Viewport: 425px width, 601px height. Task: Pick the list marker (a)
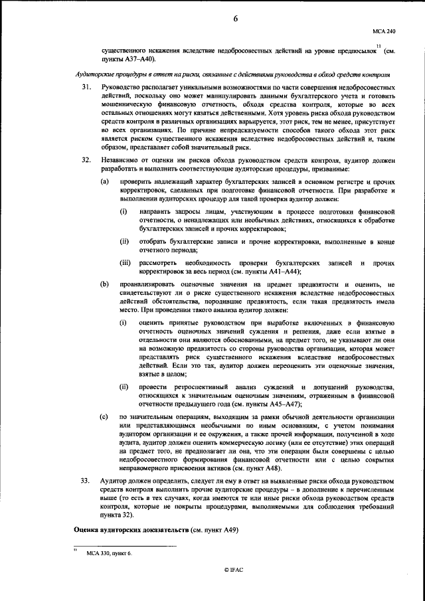(x=104, y=182)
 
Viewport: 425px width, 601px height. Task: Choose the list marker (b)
(x=104, y=284)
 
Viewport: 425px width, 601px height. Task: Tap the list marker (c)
(x=104, y=416)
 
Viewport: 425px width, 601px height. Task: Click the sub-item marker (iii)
(x=126, y=264)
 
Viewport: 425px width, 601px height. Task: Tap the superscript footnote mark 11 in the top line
(x=378, y=46)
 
